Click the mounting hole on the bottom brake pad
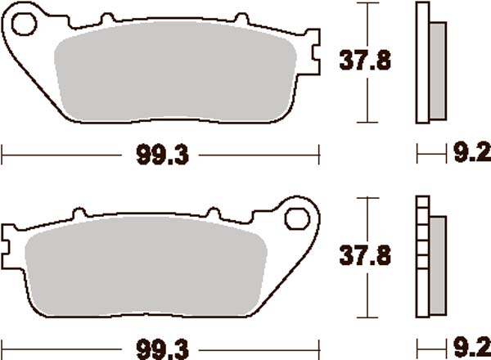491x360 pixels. [295, 217]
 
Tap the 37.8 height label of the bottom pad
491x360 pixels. [364, 256]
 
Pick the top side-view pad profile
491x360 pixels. [431, 63]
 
